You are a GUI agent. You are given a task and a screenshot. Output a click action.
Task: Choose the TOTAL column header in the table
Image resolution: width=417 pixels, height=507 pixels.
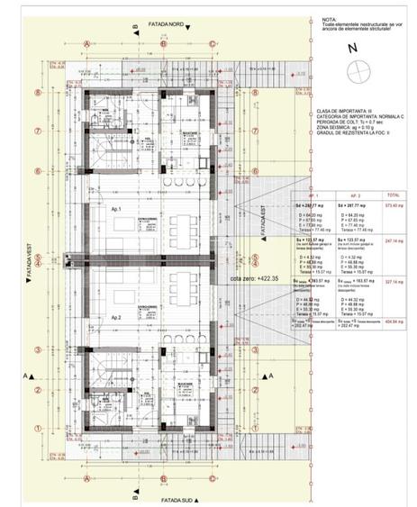pyautogui.click(x=394, y=195)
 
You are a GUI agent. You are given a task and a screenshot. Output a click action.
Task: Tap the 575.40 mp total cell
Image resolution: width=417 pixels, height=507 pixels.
pyautogui.click(x=394, y=206)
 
